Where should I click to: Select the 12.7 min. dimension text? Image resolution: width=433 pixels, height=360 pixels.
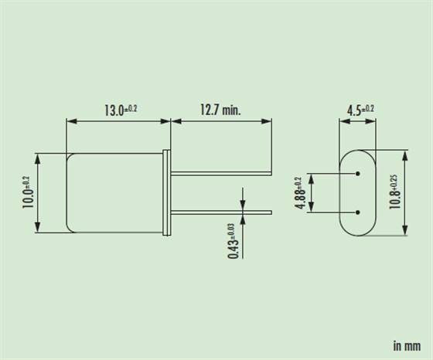coord(220,110)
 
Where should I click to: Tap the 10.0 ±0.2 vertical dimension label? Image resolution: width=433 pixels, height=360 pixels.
coord(27,192)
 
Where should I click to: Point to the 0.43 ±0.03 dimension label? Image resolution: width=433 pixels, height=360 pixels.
coord(232,240)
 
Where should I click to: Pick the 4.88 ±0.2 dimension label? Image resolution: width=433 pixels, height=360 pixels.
coord(301,192)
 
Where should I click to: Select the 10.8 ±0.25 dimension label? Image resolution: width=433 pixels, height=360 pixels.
coord(395,192)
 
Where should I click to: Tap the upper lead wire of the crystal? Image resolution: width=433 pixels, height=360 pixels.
coord(220,173)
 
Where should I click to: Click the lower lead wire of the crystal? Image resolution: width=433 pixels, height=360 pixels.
coord(220,212)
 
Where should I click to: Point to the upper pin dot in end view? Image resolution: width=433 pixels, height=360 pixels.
coord(359,173)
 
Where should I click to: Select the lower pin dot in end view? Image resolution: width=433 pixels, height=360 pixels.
coord(359,212)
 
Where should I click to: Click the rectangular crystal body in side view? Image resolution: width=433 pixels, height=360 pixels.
coord(116,192)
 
